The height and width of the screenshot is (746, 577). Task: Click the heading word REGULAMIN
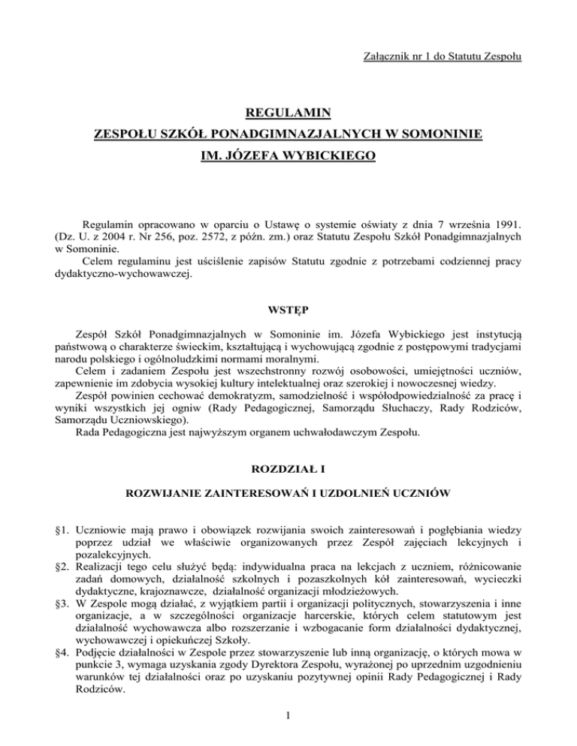[x=288, y=114]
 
